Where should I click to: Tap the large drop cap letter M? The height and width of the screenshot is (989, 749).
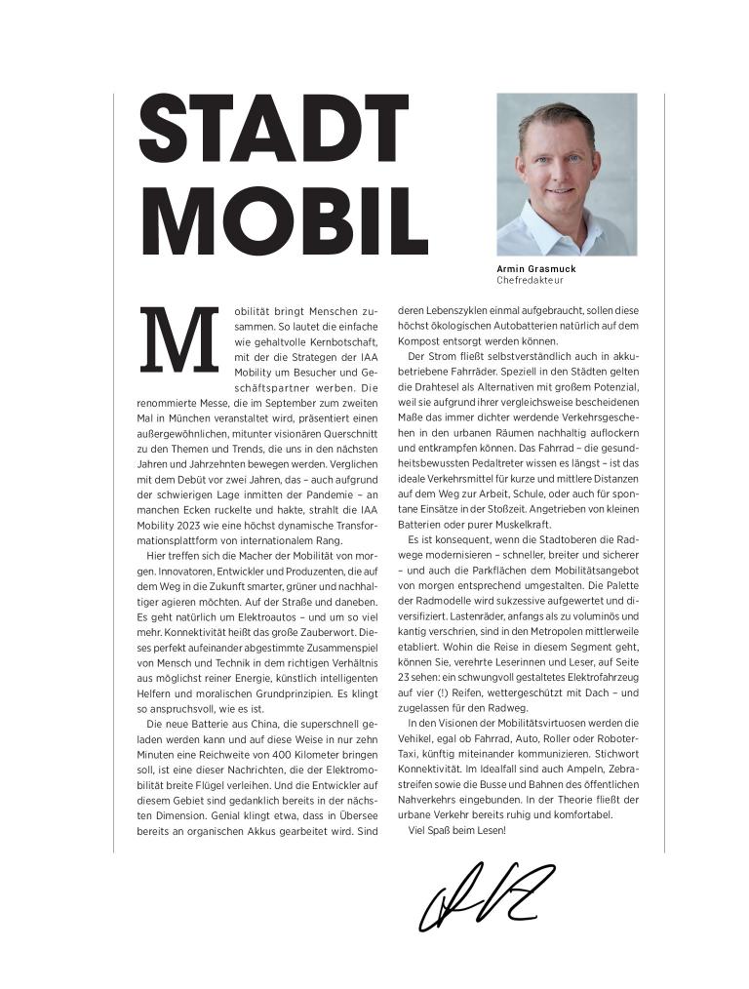point(180,340)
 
